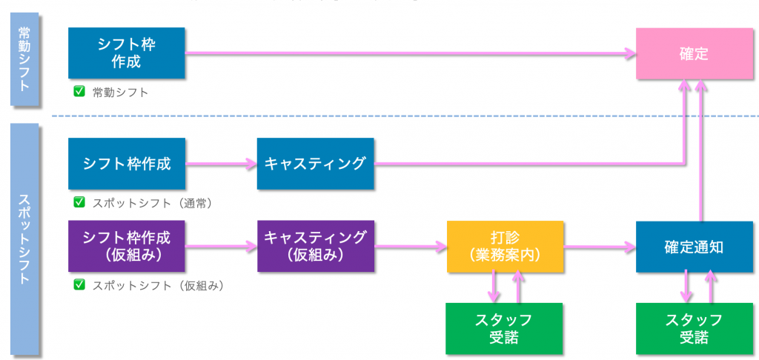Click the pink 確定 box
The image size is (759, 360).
(x=695, y=54)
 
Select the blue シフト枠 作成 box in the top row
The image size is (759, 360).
(x=126, y=53)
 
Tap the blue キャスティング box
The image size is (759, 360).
(x=315, y=163)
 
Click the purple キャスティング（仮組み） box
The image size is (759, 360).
(x=315, y=246)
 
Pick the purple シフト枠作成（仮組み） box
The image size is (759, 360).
(x=126, y=246)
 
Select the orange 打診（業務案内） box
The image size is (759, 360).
(x=505, y=246)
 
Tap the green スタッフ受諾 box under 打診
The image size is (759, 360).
(x=505, y=328)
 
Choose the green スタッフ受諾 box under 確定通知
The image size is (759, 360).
(x=695, y=328)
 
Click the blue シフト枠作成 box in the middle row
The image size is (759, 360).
(x=126, y=163)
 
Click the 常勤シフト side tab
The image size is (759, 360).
(x=25, y=63)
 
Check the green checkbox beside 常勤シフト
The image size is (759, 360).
(x=78, y=92)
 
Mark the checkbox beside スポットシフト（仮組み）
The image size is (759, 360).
(x=78, y=284)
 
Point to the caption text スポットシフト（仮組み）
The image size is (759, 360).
(x=158, y=285)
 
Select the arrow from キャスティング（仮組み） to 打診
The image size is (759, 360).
(x=410, y=246)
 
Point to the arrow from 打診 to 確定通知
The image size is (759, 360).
(x=599, y=246)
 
